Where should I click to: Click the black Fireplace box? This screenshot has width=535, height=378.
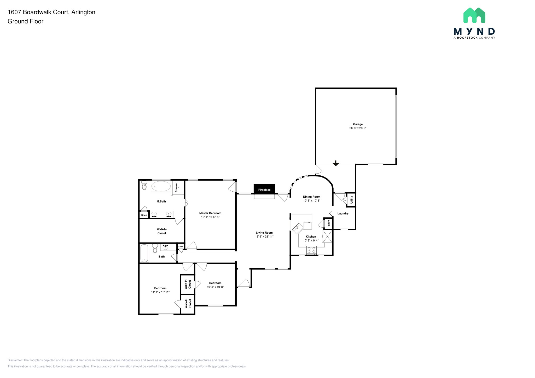(x=264, y=189)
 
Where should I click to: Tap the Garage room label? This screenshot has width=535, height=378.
(x=358, y=124)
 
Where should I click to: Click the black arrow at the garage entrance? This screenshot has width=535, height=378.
(x=336, y=163)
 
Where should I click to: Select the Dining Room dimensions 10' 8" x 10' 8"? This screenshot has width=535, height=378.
(x=311, y=201)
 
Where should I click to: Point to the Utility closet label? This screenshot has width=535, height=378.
(x=351, y=200)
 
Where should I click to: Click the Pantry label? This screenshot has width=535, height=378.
(x=329, y=223)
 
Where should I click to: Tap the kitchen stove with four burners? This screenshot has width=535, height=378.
(x=311, y=250)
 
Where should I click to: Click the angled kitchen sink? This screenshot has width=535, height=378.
(x=297, y=228)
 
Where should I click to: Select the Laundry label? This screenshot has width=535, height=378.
(x=343, y=214)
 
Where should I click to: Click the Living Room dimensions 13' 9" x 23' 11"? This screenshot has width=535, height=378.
(x=264, y=237)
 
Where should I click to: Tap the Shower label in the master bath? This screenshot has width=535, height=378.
(x=176, y=187)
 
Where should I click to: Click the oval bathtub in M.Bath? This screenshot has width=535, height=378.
(x=161, y=186)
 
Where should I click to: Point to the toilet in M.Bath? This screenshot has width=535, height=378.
(x=144, y=186)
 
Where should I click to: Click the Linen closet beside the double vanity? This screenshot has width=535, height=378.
(x=144, y=215)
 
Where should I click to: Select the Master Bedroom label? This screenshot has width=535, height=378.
(x=210, y=213)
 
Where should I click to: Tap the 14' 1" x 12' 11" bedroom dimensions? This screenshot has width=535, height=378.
(x=160, y=292)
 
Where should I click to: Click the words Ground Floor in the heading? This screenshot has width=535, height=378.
(x=25, y=21)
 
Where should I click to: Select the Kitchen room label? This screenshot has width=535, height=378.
(x=311, y=237)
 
